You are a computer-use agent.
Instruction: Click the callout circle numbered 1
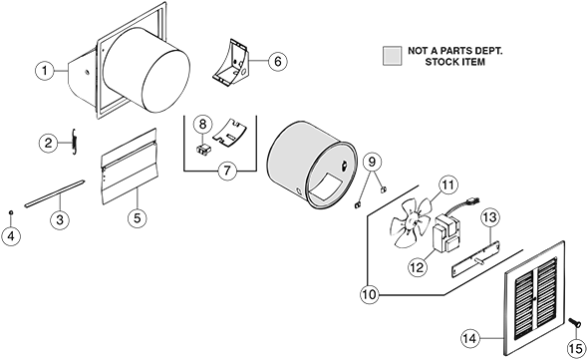[x=45, y=71]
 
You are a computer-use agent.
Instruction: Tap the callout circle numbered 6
[x=278, y=61]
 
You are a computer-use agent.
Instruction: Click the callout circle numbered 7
[x=227, y=171]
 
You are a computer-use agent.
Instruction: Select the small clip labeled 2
[x=73, y=142]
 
